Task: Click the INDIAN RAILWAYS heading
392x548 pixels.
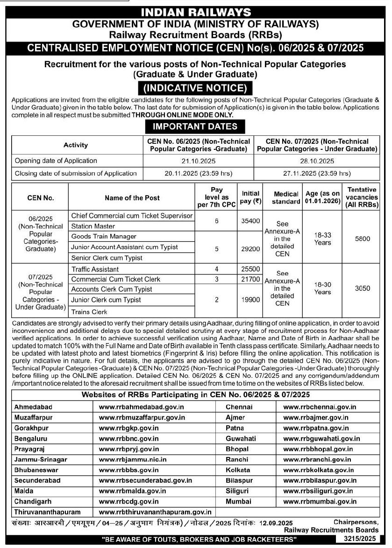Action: click(196, 13)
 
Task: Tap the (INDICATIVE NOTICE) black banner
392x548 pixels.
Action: click(195, 88)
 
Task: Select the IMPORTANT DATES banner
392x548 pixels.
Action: click(195, 126)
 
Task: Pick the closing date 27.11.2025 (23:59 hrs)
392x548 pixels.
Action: click(317, 174)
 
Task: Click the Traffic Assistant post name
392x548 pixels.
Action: click(95, 269)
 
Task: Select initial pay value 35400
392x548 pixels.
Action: click(250, 221)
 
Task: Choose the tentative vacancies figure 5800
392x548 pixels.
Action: click(362, 239)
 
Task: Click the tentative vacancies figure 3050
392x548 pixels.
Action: click(362, 288)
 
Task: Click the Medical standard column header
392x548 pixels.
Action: click(286, 198)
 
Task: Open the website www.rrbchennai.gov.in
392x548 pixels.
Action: click(320, 407)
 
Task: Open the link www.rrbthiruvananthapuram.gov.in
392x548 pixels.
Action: click(152, 513)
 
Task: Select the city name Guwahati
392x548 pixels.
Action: click(241, 439)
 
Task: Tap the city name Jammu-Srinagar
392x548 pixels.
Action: click(41, 460)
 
